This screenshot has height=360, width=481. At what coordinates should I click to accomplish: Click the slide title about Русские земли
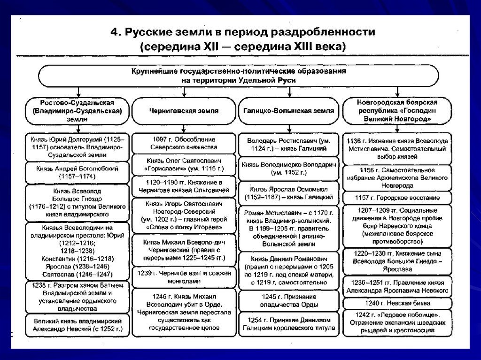pyautogui.click(x=242, y=39)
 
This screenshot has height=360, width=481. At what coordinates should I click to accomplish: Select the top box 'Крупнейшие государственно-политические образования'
pyautogui.click(x=238, y=76)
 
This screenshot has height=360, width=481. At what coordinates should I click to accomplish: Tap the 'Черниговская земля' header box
pyautogui.click(x=184, y=111)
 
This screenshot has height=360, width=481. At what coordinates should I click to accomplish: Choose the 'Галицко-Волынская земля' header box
pyautogui.click(x=289, y=111)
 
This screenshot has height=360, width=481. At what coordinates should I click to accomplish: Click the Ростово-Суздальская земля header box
pyautogui.click(x=77, y=111)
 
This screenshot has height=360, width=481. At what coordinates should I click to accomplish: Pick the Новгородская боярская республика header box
pyautogui.click(x=397, y=111)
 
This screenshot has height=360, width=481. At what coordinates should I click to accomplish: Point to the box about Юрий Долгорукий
pyautogui.click(x=77, y=146)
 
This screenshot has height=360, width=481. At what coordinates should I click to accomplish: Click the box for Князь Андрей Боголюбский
pyautogui.click(x=77, y=172)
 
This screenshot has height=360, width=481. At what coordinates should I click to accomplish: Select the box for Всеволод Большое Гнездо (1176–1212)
pyautogui.click(x=77, y=203)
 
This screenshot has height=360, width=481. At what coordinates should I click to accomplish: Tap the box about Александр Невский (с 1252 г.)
pyautogui.click(x=77, y=325)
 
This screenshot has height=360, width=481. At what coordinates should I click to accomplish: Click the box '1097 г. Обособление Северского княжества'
pyautogui.click(x=184, y=143)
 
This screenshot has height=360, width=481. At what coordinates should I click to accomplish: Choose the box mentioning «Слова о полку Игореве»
pyautogui.click(x=184, y=215)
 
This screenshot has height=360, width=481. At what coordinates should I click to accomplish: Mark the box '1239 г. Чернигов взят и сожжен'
pyautogui.click(x=184, y=277)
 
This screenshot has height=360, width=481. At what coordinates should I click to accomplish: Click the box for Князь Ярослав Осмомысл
pyautogui.click(x=289, y=193)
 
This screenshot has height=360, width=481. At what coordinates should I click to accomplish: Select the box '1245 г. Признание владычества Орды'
pyautogui.click(x=289, y=300)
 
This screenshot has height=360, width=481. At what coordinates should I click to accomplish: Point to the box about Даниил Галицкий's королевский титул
pyautogui.click(x=289, y=324)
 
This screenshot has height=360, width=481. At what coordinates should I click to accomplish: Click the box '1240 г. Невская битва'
pyautogui.click(x=397, y=303)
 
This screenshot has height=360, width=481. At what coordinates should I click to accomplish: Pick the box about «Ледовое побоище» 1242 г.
pyautogui.click(x=397, y=323)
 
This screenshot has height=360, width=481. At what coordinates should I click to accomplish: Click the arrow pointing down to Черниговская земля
pyautogui.click(x=184, y=92)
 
